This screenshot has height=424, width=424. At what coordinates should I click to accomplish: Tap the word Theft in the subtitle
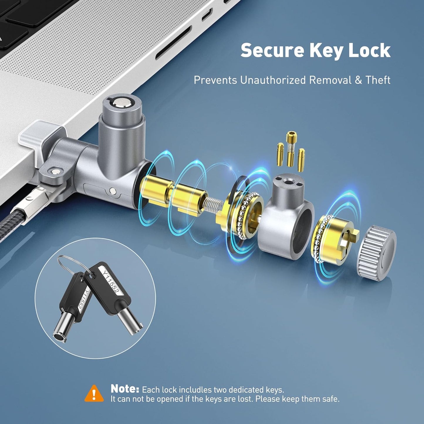378,80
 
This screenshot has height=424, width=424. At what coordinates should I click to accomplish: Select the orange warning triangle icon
94,393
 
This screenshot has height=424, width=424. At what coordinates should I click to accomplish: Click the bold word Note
125,389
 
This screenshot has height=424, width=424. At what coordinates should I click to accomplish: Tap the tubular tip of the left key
60,337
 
